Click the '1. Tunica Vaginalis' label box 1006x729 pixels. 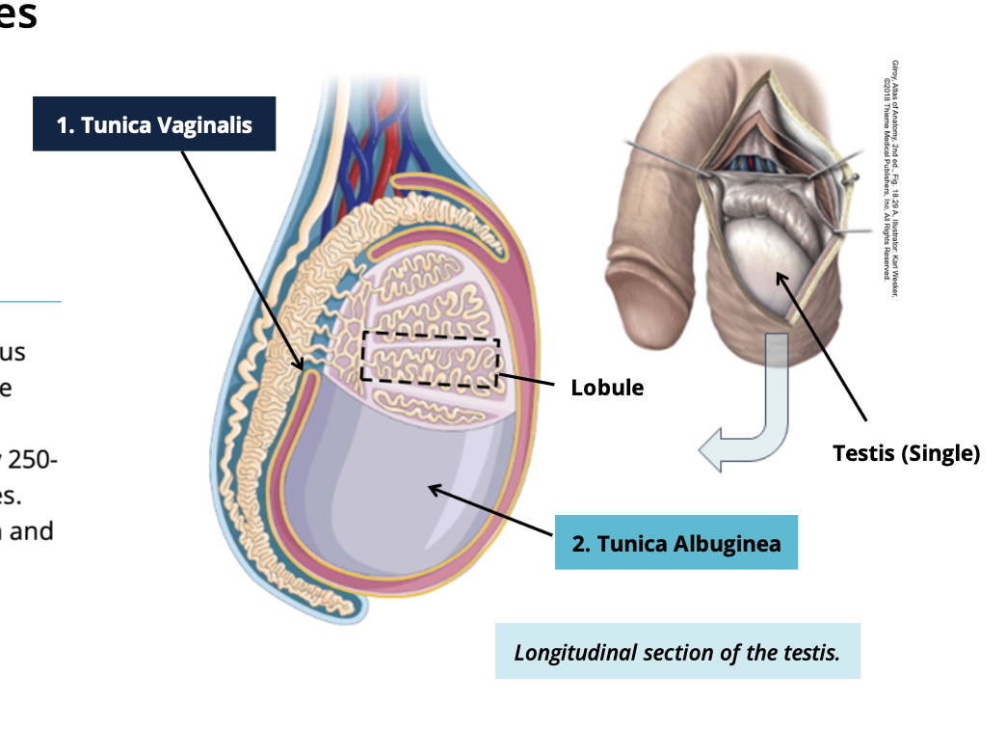tap(154, 123)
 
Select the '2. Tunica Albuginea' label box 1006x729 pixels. tap(676, 543)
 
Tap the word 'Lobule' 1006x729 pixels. tap(607, 388)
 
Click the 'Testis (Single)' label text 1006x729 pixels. tap(906, 453)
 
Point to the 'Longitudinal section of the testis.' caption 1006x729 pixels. tap(676, 652)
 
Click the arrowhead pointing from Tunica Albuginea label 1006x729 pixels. tap(435, 491)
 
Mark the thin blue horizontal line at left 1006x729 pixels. tap(29, 302)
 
